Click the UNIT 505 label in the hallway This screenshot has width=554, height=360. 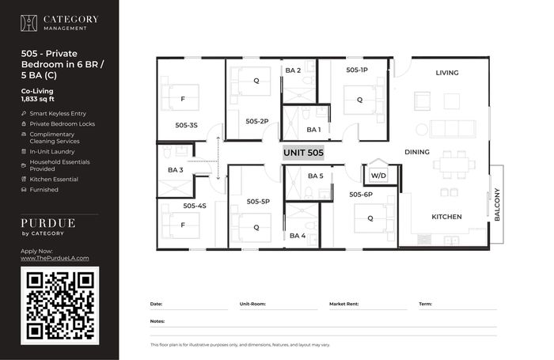coord(303,153)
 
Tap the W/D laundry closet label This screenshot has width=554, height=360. coord(378,176)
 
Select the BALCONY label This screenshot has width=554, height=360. coord(497,205)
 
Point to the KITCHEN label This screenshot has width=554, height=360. coord(446,217)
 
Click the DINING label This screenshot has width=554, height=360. coord(417,152)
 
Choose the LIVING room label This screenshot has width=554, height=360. coord(447,73)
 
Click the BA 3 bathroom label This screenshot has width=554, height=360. coord(175,170)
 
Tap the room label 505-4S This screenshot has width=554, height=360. coord(195,206)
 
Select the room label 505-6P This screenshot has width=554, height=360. coord(361,195)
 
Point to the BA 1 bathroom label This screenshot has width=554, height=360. coord(313,130)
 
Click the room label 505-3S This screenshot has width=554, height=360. coord(186,125)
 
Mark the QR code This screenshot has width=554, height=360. coord(59,305)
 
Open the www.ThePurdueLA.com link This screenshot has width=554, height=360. coord(55,258)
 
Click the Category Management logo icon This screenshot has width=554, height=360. coord(28,23)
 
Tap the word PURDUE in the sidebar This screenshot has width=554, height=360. coord(48,223)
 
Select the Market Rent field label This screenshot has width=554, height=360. coord(343,304)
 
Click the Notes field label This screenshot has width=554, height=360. coord(157,321)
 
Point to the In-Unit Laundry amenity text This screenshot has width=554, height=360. coord(52,152)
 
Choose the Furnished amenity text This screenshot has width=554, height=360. coord(44,190)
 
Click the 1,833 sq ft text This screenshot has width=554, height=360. coord(38,99)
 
